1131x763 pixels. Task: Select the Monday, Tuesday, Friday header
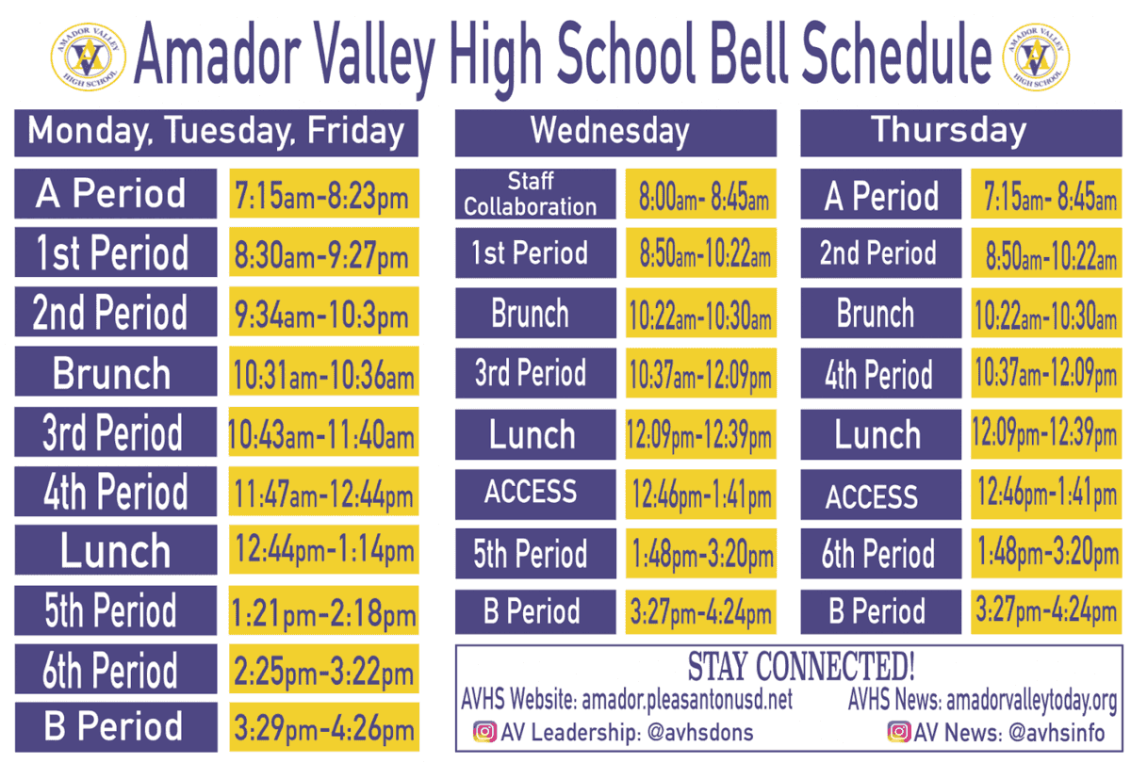pos(216,132)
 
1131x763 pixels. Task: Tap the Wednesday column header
pos(615,132)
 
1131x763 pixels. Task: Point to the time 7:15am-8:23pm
pos(323,196)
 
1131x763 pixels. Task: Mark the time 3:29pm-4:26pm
pos(323,728)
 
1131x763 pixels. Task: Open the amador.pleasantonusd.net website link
pos(687,700)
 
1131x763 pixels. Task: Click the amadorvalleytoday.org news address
pos(1031,700)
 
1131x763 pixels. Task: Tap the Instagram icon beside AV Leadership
pos(484,732)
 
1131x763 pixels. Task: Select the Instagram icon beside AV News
pos(899,732)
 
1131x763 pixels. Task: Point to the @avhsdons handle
pos(700,732)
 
